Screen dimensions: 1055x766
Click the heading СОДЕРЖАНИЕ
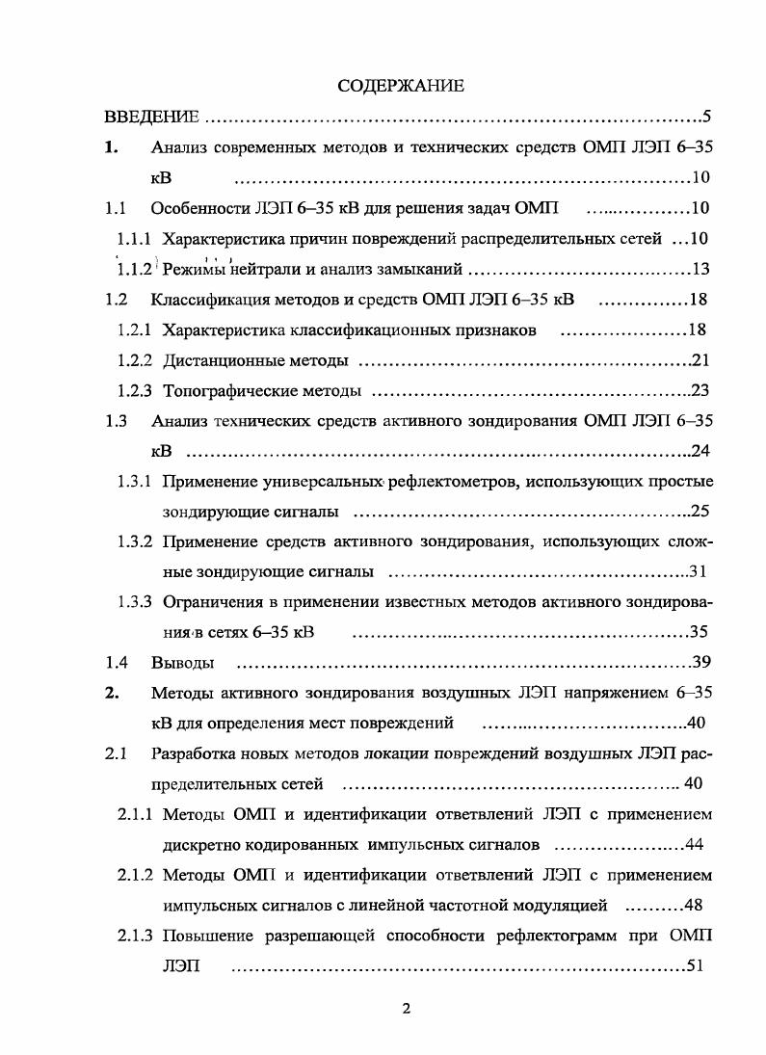401,86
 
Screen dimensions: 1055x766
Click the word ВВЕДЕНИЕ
151,118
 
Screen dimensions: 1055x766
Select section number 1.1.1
136,238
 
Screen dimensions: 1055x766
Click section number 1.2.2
136,360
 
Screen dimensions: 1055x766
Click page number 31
700,572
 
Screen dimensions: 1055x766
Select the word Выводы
182,663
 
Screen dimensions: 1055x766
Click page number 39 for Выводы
701,663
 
